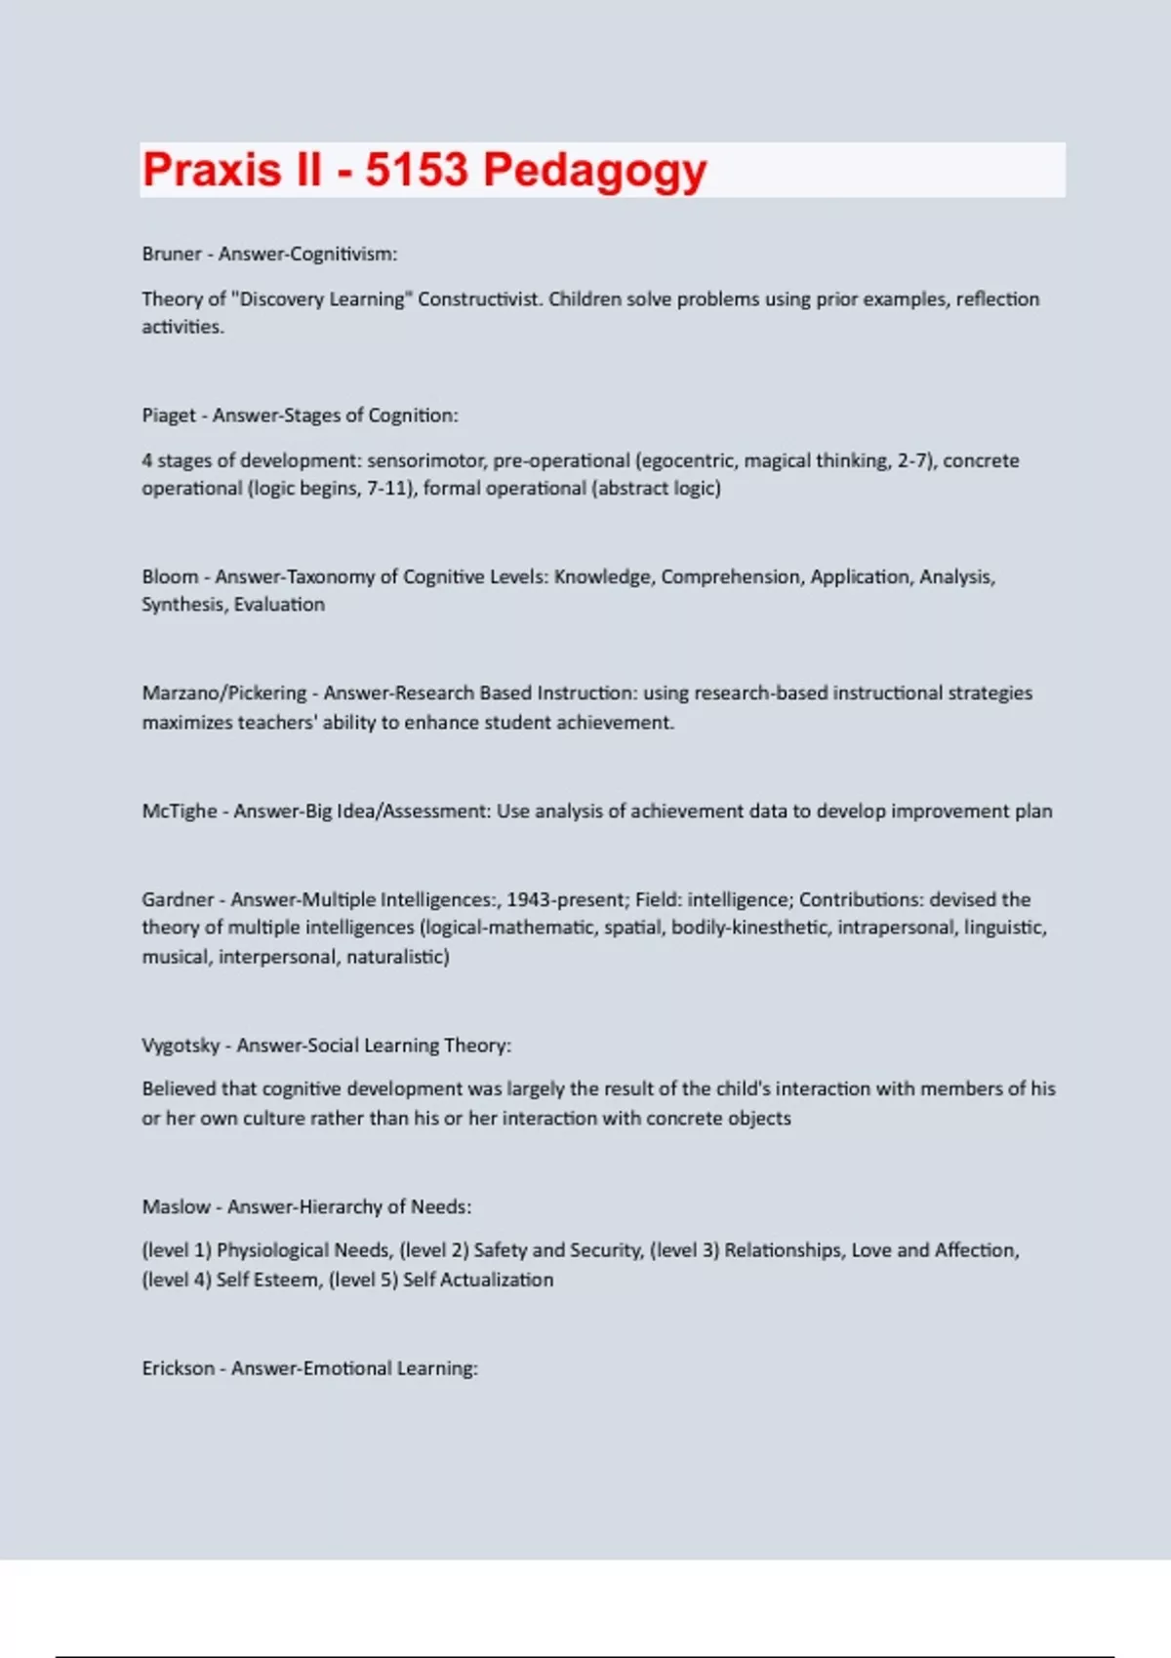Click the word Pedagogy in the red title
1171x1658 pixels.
pos(594,171)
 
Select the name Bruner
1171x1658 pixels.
pos(172,254)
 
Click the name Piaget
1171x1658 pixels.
pos(169,415)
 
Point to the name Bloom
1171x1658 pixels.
pos(170,576)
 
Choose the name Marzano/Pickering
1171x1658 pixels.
pos(224,692)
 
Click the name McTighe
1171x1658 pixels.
pos(180,810)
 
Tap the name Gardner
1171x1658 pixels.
pos(178,899)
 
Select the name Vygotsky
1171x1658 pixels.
pos(181,1046)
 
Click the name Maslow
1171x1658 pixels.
pos(176,1206)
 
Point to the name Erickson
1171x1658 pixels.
pos(178,1368)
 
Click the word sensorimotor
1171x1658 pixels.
pos(425,460)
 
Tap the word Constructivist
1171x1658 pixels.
pos(479,298)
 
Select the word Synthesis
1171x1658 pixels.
pos(183,605)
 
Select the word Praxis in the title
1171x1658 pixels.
pos(212,171)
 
